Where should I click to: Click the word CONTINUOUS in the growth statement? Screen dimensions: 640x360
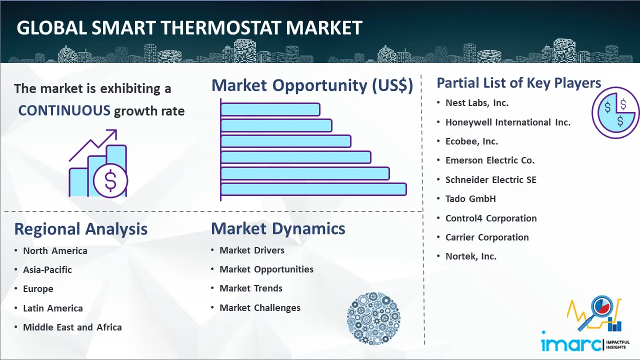click(64, 110)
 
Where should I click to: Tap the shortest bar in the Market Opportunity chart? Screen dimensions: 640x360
click(270, 109)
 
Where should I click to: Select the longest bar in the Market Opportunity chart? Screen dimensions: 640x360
click(313, 189)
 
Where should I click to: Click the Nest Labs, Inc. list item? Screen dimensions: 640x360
click(477, 103)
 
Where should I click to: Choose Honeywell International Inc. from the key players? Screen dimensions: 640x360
click(507, 122)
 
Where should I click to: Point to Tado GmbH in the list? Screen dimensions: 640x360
click(470, 199)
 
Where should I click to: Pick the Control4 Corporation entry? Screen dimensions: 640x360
click(491, 218)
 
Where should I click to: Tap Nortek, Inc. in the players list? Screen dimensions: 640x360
click(471, 256)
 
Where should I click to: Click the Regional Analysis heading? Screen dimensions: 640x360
click(81, 229)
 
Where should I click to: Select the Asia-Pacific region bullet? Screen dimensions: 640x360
click(47, 269)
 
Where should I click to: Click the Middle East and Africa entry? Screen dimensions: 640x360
click(72, 327)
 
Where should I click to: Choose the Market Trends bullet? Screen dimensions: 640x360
click(251, 288)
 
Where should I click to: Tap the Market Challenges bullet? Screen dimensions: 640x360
click(259, 307)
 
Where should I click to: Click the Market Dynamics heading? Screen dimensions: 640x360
click(278, 228)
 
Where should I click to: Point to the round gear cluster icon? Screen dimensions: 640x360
click(373, 318)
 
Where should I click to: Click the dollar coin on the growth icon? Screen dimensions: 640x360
click(110, 180)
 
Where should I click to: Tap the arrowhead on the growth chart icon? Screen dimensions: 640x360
click(112, 133)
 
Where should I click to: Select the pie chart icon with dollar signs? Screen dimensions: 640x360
click(615, 113)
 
